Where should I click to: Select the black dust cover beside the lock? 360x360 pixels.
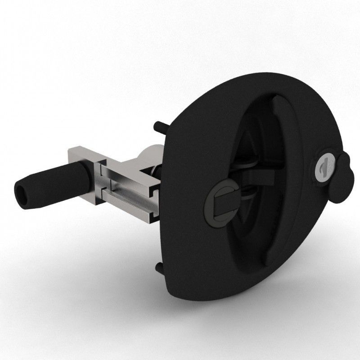(344, 176)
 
